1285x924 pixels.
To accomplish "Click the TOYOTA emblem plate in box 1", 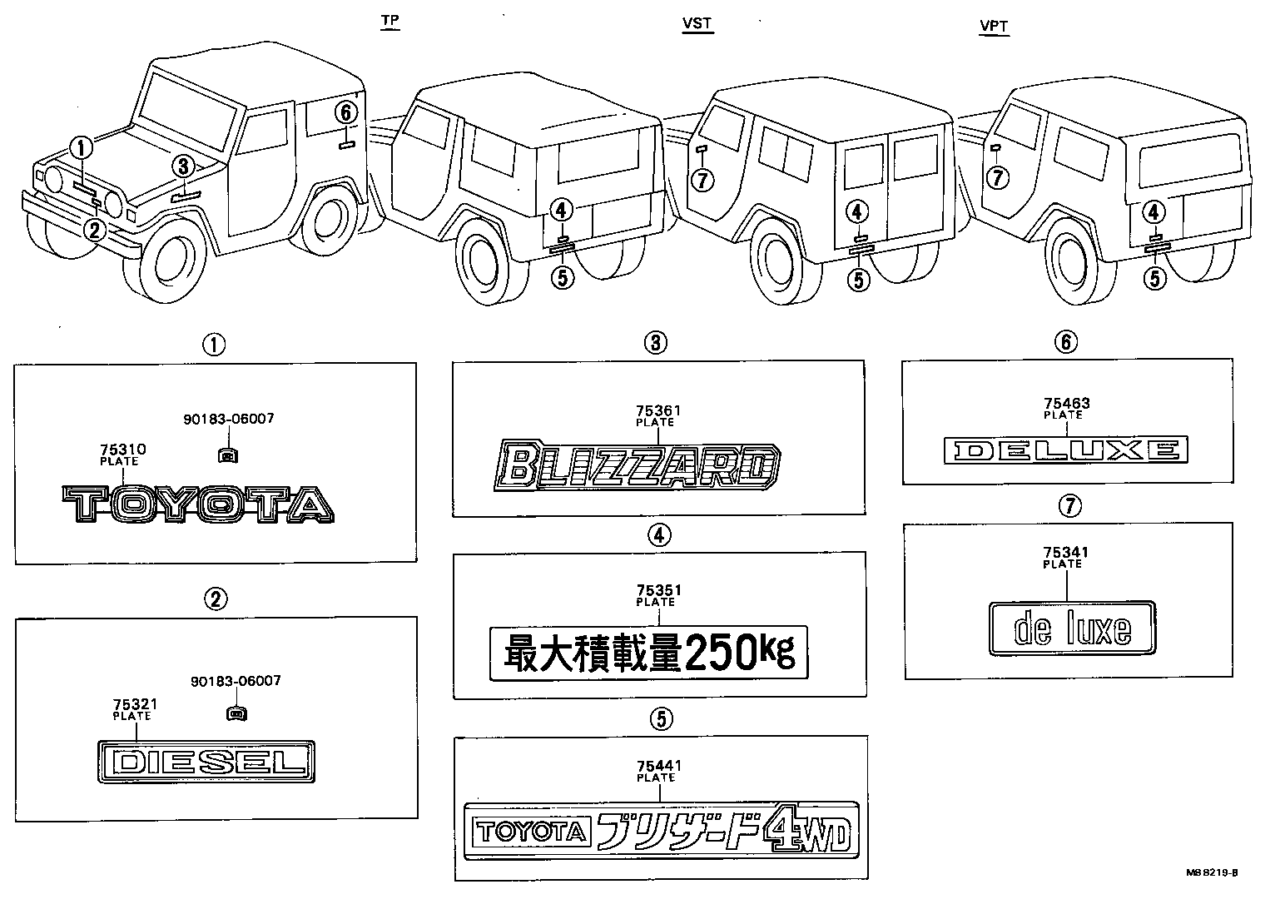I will [198, 505].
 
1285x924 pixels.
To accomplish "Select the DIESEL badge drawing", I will [206, 762].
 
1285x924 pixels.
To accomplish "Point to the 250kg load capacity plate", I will [648, 652].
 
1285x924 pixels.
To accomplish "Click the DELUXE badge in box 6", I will [1066, 450].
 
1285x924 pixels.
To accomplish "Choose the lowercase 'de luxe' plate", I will [1072, 628].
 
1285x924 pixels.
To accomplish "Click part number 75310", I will [122, 450].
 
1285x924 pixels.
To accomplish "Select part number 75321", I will [135, 704].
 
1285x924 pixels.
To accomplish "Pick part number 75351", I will [658, 590].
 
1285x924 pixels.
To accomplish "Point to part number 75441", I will [657, 766].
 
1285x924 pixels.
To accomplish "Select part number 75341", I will [1065, 552].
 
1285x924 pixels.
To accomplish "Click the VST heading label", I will [697, 23].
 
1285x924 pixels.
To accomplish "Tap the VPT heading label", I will [994, 26].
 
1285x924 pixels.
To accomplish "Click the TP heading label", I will [389, 22].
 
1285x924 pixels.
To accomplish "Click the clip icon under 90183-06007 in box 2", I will [236, 713].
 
